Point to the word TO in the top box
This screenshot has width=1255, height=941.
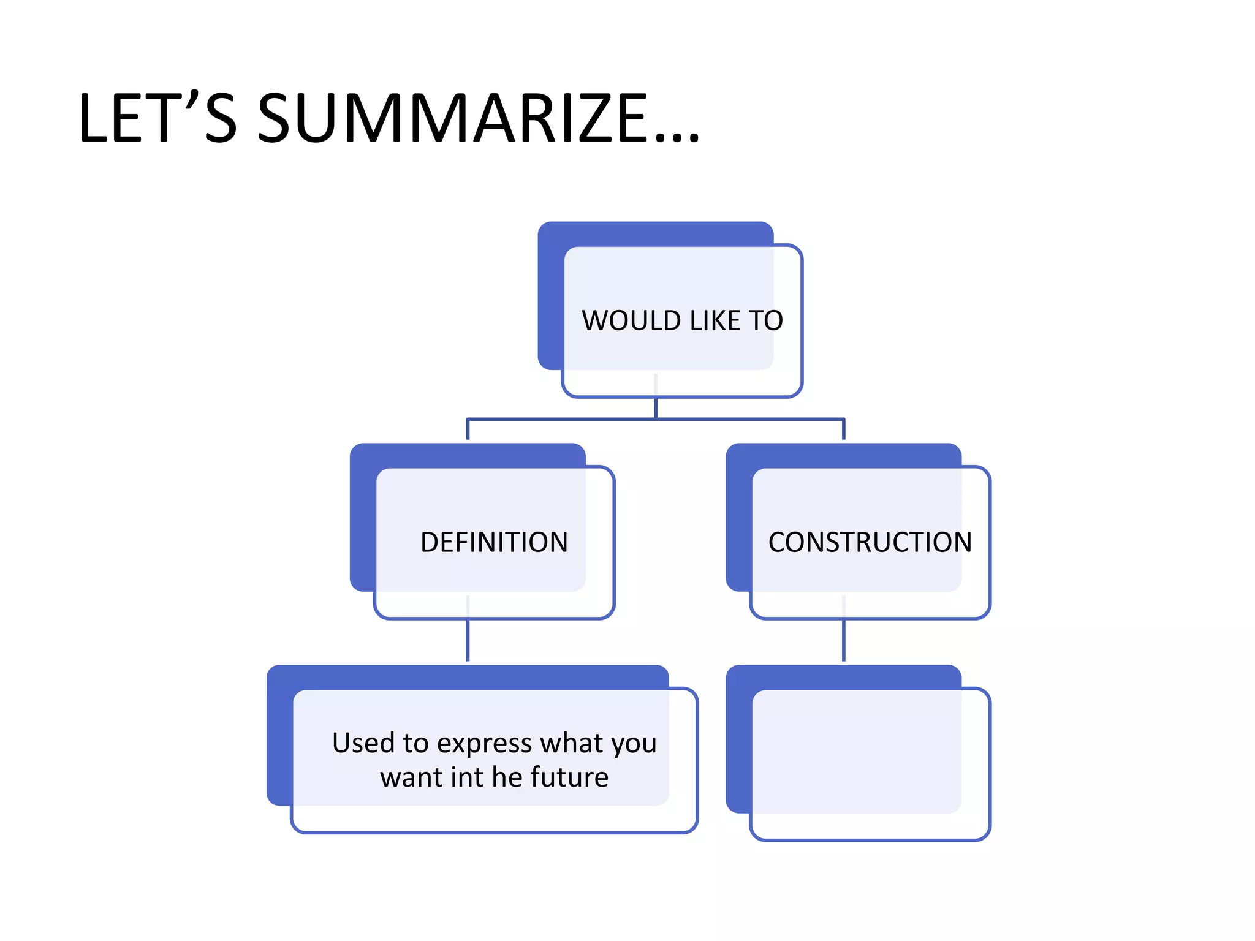[765, 320]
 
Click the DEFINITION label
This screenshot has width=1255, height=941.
[494, 542]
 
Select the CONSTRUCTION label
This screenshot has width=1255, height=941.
[870, 542]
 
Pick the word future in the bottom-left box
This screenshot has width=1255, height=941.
[570, 777]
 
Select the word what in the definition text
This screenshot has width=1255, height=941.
[572, 743]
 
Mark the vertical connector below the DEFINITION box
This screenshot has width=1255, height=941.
[468, 640]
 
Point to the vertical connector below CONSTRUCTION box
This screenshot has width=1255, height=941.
[844, 640]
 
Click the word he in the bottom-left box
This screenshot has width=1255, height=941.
[507, 777]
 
